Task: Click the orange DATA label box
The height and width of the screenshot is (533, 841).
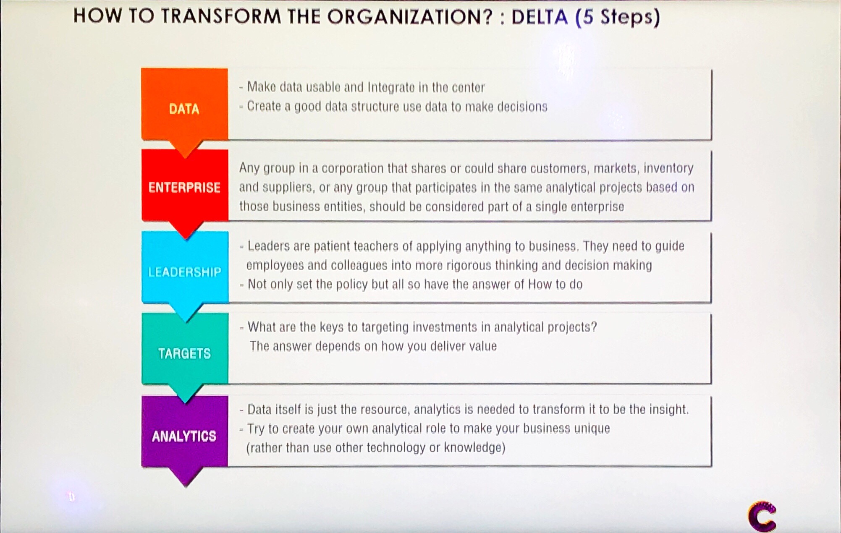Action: coord(184,105)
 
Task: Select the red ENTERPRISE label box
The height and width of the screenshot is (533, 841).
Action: coord(185,186)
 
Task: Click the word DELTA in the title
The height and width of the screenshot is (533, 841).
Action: coord(540,17)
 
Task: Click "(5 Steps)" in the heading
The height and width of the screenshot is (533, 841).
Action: coord(617,17)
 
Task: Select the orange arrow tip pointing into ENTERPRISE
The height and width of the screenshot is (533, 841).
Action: coord(185,150)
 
